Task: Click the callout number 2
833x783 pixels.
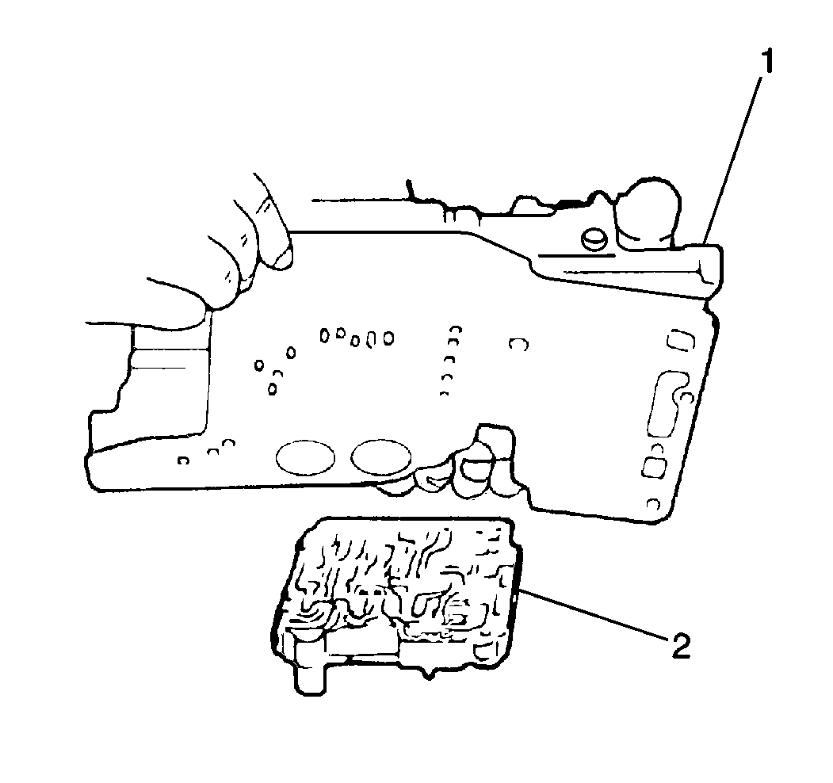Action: (x=681, y=644)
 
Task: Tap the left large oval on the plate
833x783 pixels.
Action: (x=305, y=456)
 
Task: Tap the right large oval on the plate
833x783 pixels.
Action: (x=381, y=456)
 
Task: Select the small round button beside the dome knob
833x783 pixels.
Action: (x=595, y=240)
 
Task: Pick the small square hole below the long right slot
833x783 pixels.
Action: (x=655, y=467)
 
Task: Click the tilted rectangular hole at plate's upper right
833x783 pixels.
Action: (x=681, y=340)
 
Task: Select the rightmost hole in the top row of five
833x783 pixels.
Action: (x=388, y=338)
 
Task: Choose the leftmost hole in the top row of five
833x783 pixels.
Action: (x=325, y=336)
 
